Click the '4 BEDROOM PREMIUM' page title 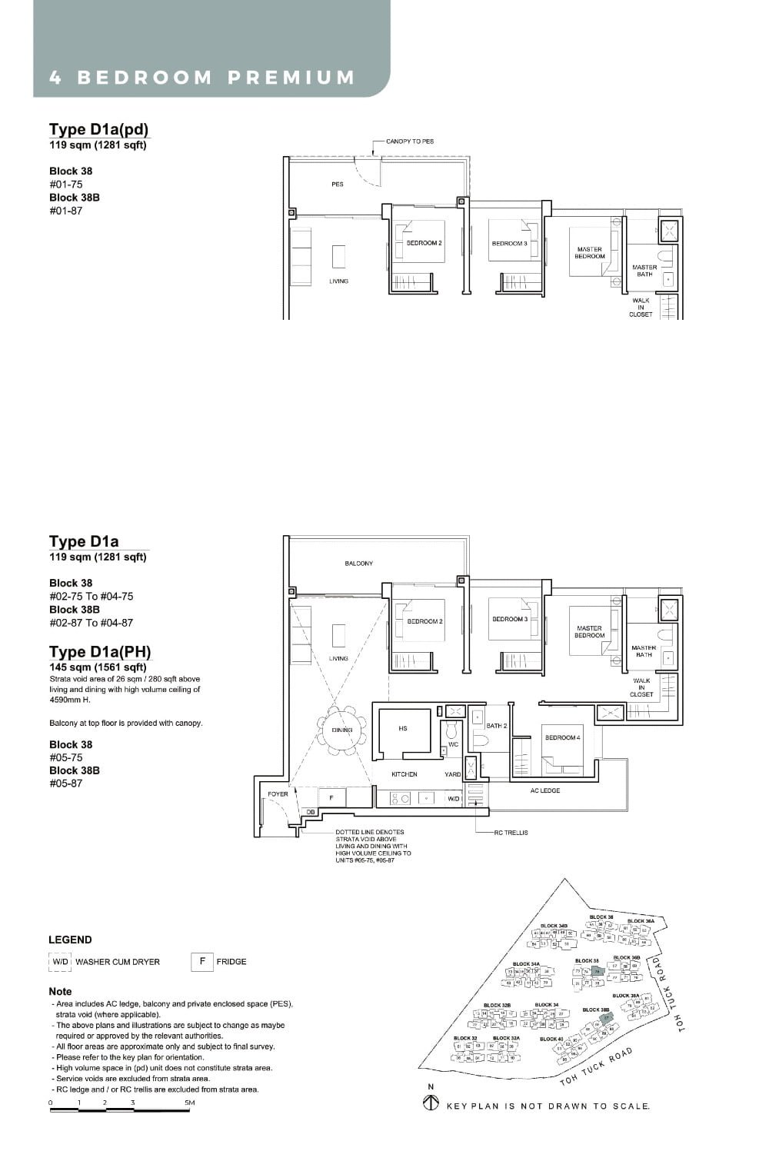click(202, 78)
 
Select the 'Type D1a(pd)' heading click(98, 129)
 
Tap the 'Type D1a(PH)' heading click(100, 652)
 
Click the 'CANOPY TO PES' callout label click(410, 141)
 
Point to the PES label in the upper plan click(338, 185)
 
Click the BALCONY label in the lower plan click(358, 564)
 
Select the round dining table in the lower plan click(341, 730)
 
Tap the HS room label click(403, 728)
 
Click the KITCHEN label click(404, 774)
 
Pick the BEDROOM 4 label click(562, 737)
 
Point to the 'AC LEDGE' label click(544, 790)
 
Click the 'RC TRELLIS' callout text click(511, 833)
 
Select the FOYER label click(278, 794)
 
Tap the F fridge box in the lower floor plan click(331, 797)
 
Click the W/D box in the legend click(60, 962)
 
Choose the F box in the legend click(202, 961)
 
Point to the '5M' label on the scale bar click(190, 1103)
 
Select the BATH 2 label click(496, 726)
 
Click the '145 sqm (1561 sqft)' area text click(98, 667)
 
